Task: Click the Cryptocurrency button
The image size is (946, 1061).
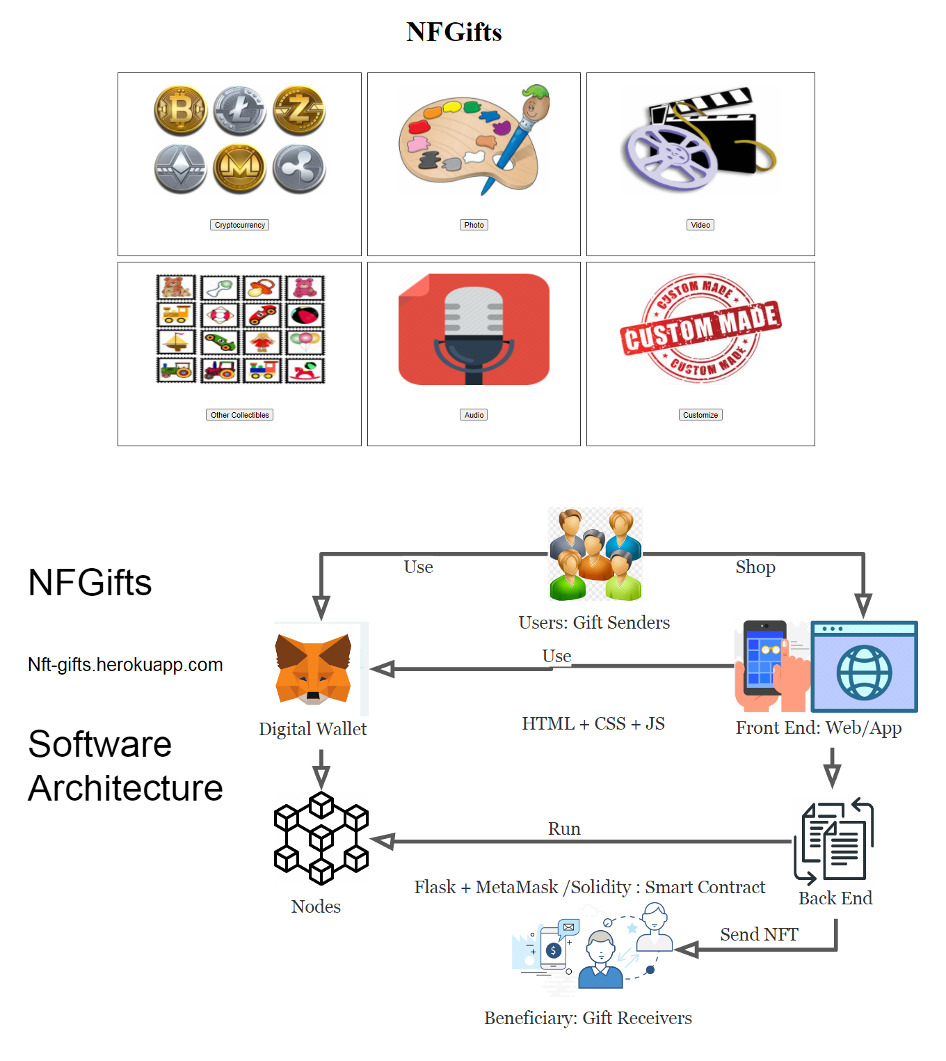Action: tap(239, 225)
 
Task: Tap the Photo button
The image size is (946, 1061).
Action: tap(474, 225)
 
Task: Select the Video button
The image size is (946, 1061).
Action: tap(700, 225)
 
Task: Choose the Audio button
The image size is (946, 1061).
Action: tap(474, 415)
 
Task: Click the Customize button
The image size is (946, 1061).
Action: tap(700, 415)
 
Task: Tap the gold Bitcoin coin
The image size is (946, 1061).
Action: tap(180, 110)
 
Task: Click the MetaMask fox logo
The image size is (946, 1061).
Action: tap(313, 668)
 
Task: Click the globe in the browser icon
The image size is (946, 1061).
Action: tap(864, 673)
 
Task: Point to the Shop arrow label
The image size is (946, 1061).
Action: tap(755, 567)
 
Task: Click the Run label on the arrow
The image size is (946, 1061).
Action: tap(564, 829)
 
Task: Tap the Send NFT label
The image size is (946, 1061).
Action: tap(759, 934)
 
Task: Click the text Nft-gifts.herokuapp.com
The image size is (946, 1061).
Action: tap(125, 665)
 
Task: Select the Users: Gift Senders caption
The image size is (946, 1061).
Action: tap(594, 622)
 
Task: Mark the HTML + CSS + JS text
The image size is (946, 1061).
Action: tap(593, 724)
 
